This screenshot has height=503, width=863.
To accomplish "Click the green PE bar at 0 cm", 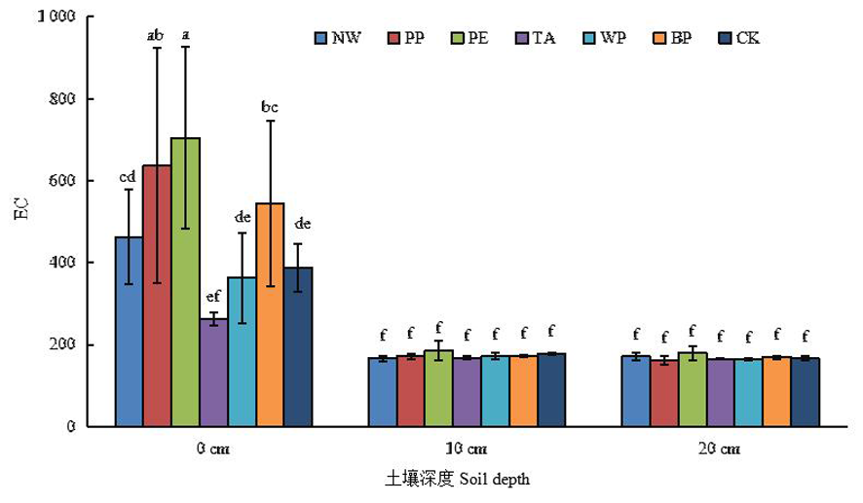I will point(185,282).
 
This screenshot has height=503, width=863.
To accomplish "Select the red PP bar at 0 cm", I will point(157,296).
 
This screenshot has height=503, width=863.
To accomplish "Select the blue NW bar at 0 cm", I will point(129,331).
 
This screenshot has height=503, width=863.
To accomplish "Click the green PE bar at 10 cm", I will point(438,388).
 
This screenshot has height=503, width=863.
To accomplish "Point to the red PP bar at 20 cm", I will point(663,392).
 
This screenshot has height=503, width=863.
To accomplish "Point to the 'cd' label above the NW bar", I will point(128,177).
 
